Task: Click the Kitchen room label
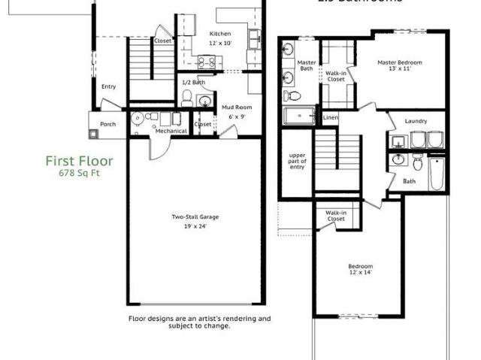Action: pyautogui.click(x=220, y=34)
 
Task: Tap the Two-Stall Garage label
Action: pyautogui.click(x=195, y=217)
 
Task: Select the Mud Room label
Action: pyautogui.click(x=237, y=107)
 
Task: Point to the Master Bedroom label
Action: pyautogui.click(x=400, y=62)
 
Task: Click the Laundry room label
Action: pyautogui.click(x=416, y=121)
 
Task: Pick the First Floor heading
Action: pyautogui.click(x=79, y=161)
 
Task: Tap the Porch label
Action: pyautogui.click(x=108, y=124)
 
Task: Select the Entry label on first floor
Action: pyautogui.click(x=109, y=86)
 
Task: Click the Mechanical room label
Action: pyautogui.click(x=171, y=131)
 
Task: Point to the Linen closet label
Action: pyautogui.click(x=331, y=118)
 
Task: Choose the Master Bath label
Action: pyautogui.click(x=307, y=65)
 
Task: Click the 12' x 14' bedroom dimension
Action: pyautogui.click(x=360, y=273)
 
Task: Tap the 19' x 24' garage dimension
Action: pyautogui.click(x=195, y=225)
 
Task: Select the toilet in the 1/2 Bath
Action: pyautogui.click(x=188, y=97)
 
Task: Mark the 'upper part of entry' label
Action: pyautogui.click(x=298, y=161)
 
